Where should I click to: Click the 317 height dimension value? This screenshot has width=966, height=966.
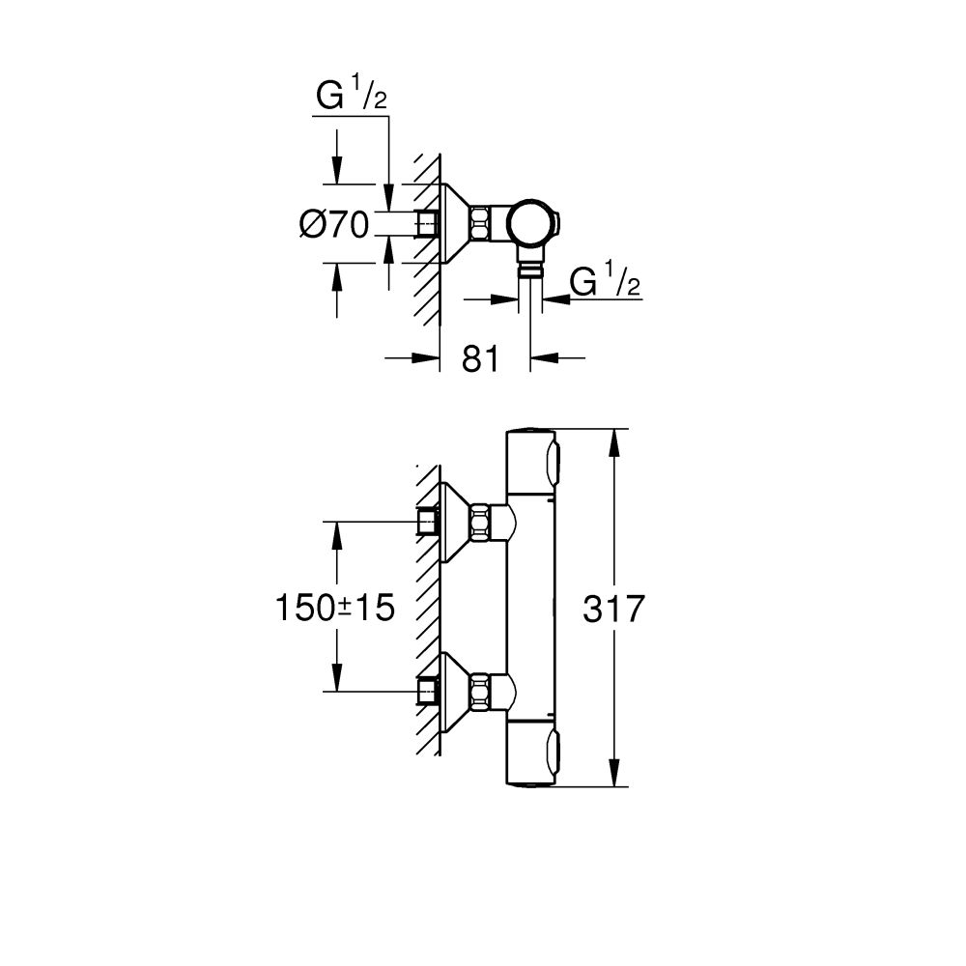[613, 610]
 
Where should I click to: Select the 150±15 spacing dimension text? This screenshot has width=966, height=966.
[335, 609]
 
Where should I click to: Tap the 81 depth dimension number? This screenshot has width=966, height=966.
[480, 358]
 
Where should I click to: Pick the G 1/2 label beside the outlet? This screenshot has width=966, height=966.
[606, 282]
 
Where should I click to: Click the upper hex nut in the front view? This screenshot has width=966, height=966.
[480, 523]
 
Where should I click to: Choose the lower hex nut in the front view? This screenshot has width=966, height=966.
[480, 692]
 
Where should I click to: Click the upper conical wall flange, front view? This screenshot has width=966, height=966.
[453, 523]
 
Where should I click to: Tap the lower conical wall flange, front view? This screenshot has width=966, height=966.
[453, 692]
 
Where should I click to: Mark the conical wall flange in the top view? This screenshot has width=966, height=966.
[454, 224]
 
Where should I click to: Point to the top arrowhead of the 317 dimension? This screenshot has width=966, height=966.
[612, 440]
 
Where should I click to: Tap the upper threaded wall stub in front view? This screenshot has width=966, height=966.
[427, 523]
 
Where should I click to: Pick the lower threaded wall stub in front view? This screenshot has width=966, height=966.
[427, 692]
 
